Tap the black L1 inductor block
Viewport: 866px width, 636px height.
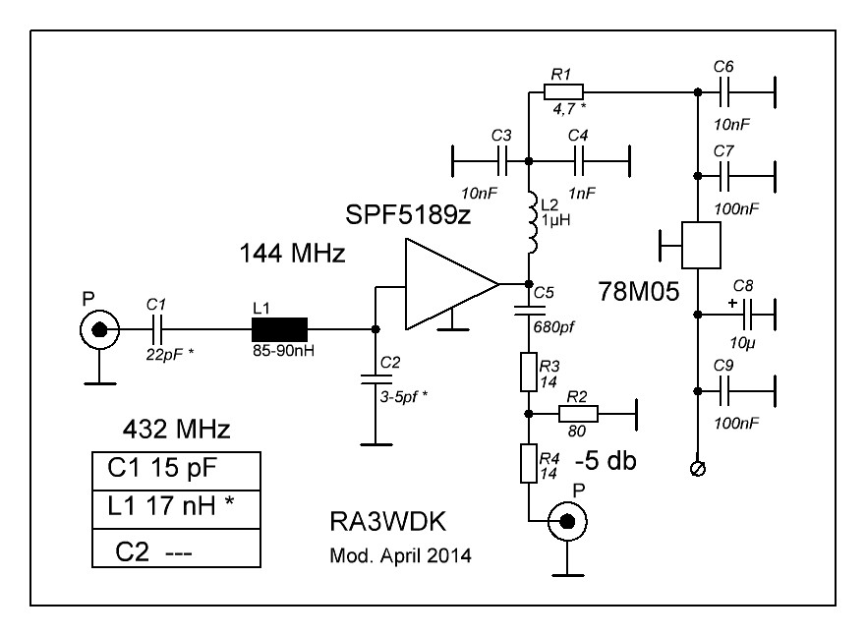tap(279, 329)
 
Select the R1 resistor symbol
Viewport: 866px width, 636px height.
tap(563, 91)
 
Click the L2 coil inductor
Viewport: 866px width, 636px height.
tap(532, 222)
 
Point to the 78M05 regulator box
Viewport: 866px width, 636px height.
tap(701, 245)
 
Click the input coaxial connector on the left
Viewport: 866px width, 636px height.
tap(99, 329)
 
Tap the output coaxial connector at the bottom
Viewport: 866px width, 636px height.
tap(567, 521)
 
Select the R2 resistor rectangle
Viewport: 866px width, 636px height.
tap(578, 414)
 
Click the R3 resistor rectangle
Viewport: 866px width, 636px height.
tap(529, 372)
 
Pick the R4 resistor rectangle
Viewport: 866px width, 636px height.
tap(529, 463)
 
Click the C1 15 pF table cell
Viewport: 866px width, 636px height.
tap(176, 471)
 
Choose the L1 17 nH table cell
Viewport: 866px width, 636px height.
tap(176, 509)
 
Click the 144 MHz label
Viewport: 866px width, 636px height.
tap(292, 254)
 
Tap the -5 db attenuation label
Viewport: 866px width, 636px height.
tap(606, 460)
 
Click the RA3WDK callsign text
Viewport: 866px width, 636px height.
tap(387, 522)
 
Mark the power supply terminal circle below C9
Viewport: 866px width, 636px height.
tap(698, 469)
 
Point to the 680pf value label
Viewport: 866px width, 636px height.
tap(553, 327)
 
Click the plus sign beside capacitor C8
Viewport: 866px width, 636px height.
tap(732, 303)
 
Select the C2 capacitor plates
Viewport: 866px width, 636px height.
tap(375, 378)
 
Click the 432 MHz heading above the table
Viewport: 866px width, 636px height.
tap(176, 429)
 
